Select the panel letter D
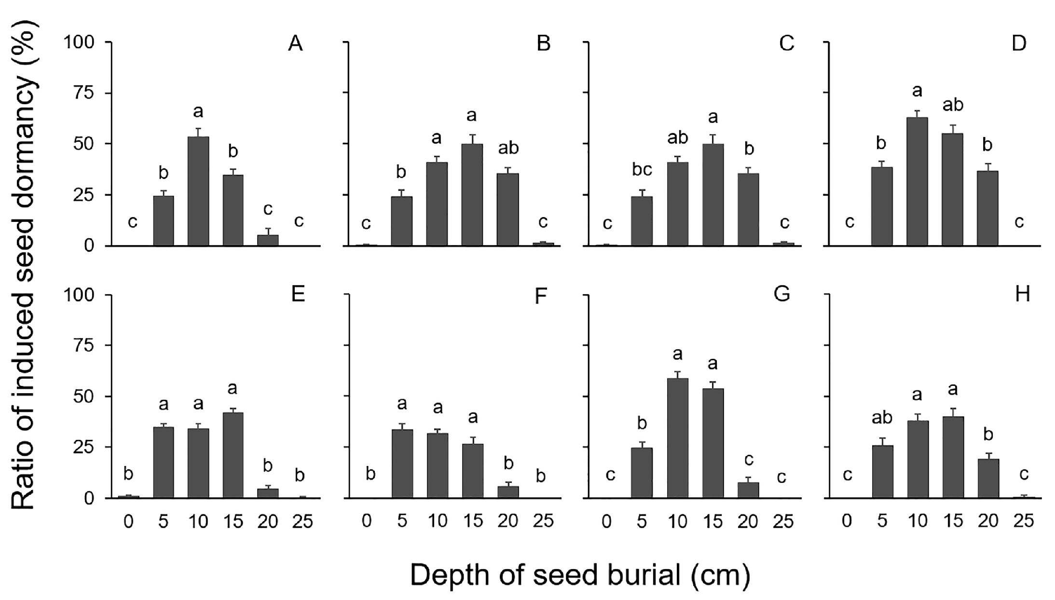click(x=1018, y=44)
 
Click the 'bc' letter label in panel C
click(x=642, y=169)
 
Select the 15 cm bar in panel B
click(x=472, y=195)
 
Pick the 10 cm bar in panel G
click(x=677, y=438)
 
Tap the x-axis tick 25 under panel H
click(x=1024, y=521)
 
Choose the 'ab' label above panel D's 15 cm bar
click(x=953, y=105)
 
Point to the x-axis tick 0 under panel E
click(x=128, y=521)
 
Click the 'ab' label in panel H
click(x=882, y=418)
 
